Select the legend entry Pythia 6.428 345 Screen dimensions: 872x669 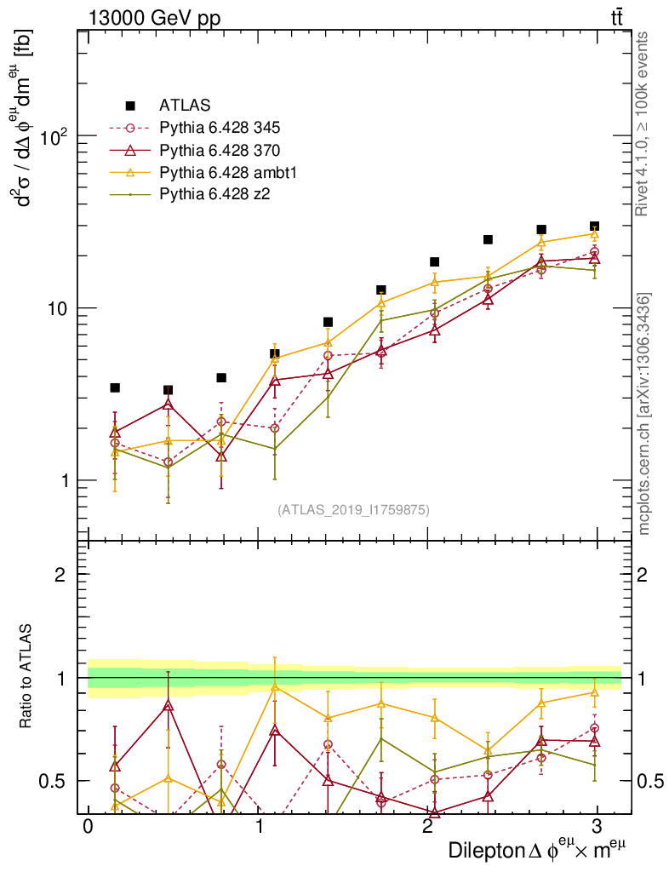(220, 129)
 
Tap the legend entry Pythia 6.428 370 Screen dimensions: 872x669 (220, 151)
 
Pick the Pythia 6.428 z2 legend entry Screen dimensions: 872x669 (214, 195)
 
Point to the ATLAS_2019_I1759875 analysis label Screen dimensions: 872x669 (353, 510)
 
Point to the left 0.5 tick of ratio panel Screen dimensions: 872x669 (54, 781)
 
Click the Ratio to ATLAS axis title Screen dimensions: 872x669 (26, 677)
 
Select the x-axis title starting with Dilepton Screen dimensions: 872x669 (538, 849)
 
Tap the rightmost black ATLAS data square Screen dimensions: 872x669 (594, 227)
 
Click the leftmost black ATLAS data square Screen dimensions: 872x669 (115, 387)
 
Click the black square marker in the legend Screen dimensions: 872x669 (130, 106)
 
